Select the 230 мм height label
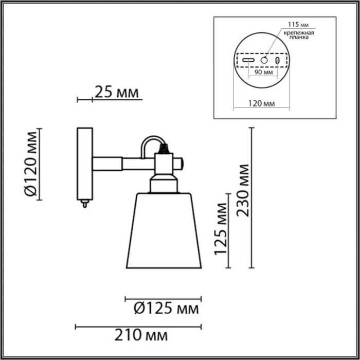coord(243,191)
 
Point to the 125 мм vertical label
coord(221,230)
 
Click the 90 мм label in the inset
coord(263,73)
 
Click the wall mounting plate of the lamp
coord(84,164)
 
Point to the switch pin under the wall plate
coord(84,204)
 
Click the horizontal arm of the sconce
coord(123,164)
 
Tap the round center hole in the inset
coord(264,60)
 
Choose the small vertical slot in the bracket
coord(278,61)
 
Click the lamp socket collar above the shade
coord(164,183)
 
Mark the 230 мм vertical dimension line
coord(251,198)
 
